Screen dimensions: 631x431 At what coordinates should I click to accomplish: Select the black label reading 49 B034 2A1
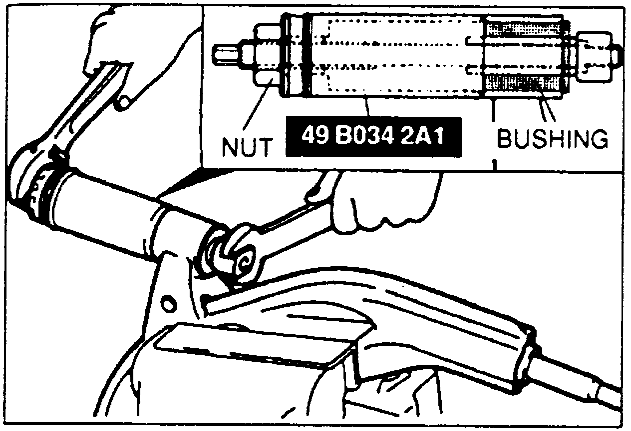coord(372,136)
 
